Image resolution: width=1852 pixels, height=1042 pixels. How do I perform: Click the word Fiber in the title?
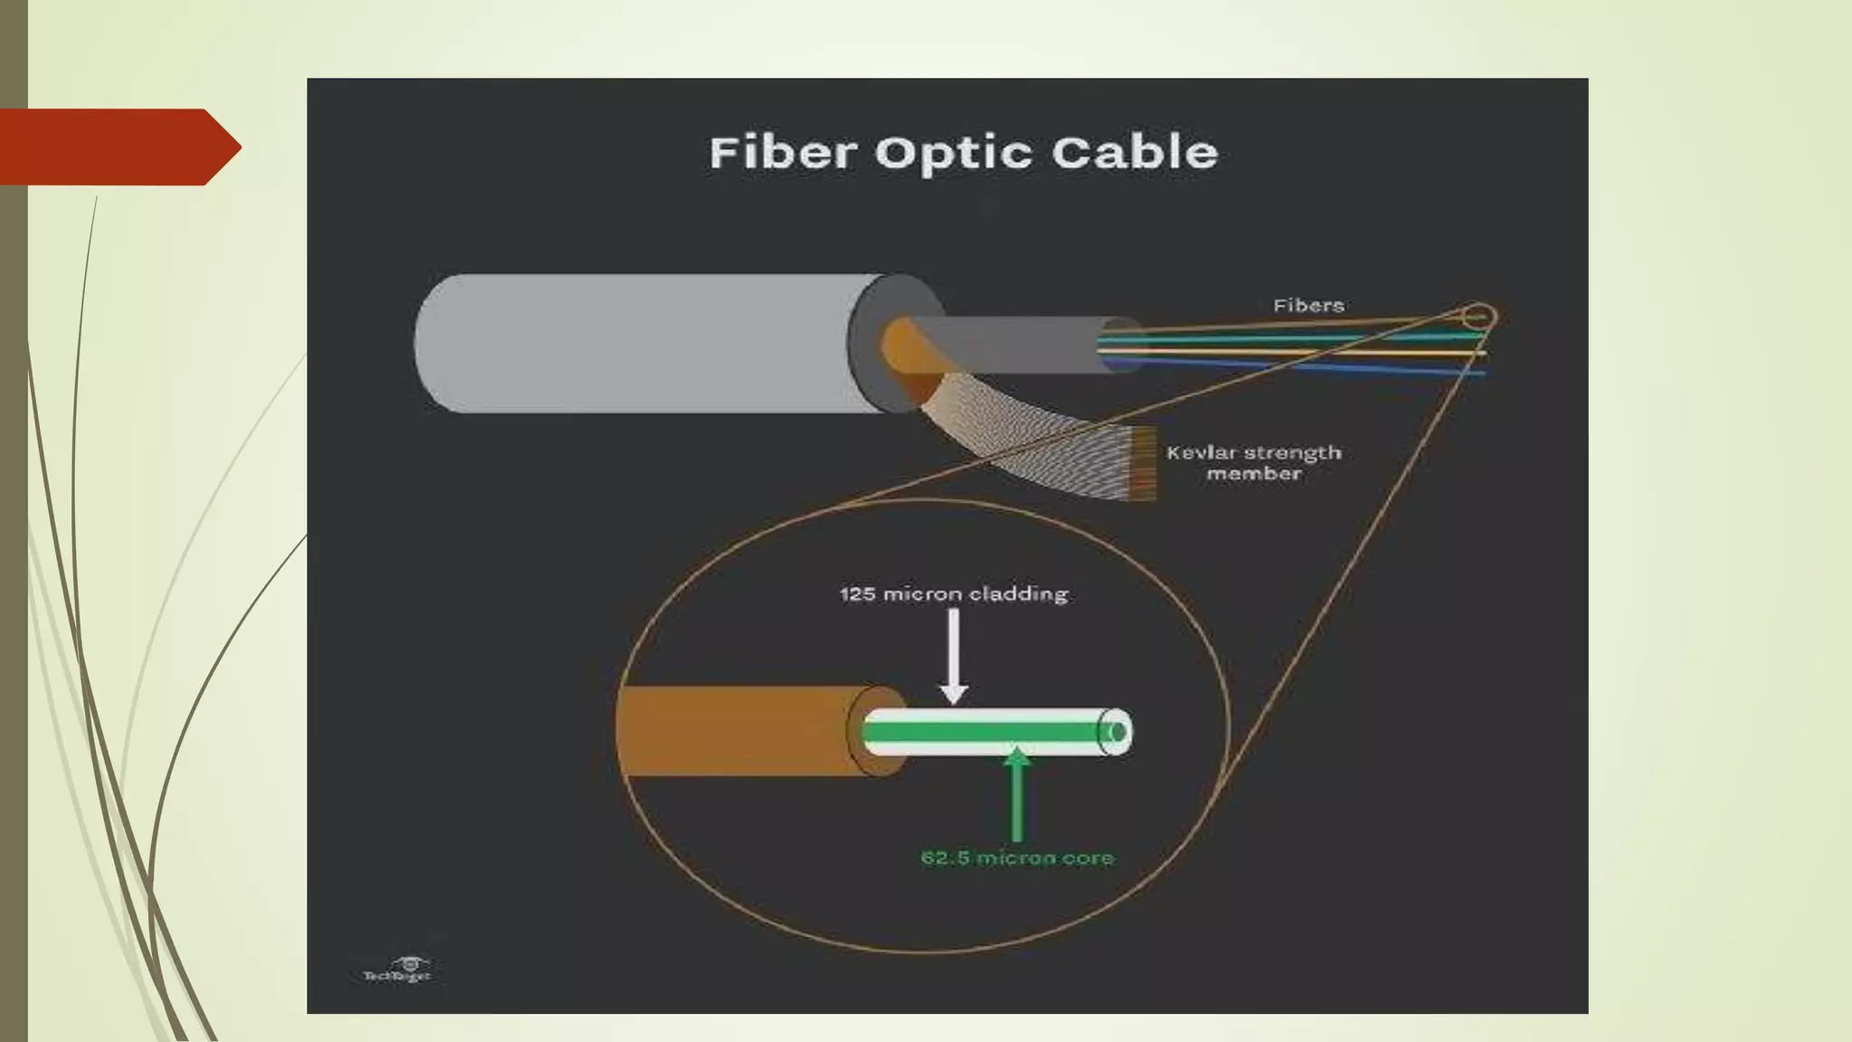coord(782,152)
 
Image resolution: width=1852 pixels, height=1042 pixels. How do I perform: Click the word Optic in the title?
coord(953,154)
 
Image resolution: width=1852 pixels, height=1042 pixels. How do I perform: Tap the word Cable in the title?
coord(1134,152)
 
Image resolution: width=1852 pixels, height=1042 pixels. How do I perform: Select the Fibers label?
coord(1308,306)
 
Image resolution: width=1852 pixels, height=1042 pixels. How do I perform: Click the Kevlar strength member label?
coord(1253,462)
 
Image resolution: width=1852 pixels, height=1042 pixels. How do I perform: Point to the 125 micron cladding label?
coord(953,594)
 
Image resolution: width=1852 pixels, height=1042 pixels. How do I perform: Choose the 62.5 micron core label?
coord(1016,857)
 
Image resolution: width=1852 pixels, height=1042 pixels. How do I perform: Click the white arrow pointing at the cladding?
coord(953,655)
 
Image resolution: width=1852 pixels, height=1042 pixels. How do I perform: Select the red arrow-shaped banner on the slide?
coord(118,147)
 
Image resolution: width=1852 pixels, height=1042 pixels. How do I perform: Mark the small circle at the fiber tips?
coord(1479,317)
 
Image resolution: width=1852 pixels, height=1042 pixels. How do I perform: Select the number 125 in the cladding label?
coord(857,594)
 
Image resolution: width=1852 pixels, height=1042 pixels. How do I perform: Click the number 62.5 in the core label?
coord(945,857)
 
